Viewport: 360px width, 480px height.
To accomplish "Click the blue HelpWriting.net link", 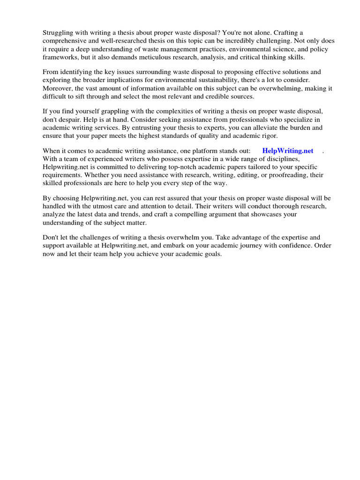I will point(287,151).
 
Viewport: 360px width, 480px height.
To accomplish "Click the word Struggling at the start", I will point(59,32).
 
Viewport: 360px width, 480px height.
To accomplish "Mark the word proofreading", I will point(292,175).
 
